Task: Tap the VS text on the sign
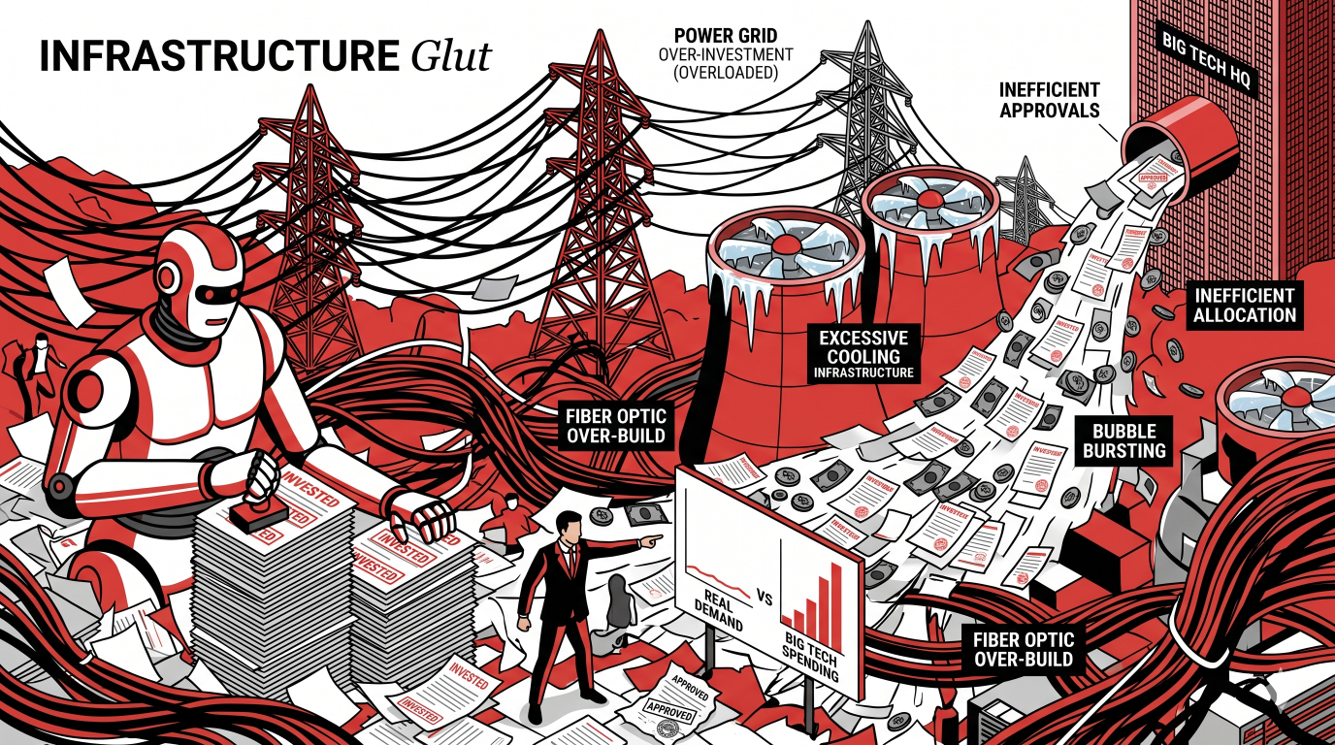[x=765, y=599]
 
